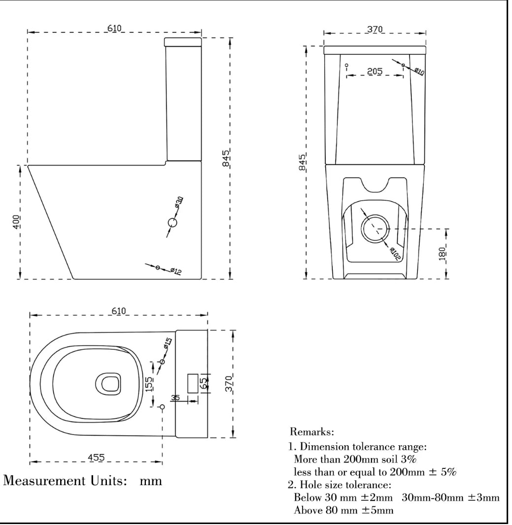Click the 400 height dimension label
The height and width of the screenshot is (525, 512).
click(x=16, y=222)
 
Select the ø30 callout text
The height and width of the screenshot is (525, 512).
click(x=179, y=201)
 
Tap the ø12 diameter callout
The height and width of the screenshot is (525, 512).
click(x=176, y=270)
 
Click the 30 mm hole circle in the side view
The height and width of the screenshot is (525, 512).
click(x=172, y=223)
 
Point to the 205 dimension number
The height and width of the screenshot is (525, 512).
click(x=375, y=71)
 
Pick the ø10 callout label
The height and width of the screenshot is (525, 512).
click(x=419, y=71)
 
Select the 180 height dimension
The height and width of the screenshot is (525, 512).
click(x=442, y=253)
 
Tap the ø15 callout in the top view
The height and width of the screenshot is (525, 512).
click(x=167, y=343)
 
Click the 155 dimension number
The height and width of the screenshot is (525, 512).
click(x=149, y=384)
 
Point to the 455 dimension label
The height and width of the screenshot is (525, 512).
click(x=96, y=458)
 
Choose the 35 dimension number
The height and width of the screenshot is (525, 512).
click(x=175, y=398)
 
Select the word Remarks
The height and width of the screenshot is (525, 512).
click(x=312, y=432)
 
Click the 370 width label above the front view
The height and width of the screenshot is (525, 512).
click(x=375, y=30)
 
